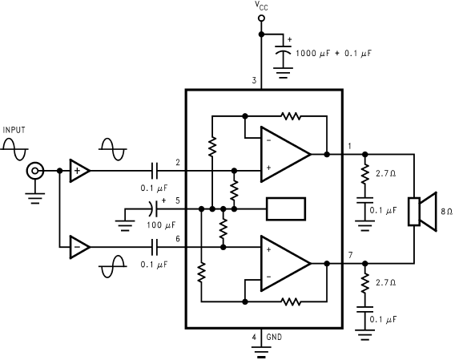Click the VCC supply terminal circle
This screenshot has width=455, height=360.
pos(261,18)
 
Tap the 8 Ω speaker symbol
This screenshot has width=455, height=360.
pos(422,212)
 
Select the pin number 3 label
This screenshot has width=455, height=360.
pos(254,80)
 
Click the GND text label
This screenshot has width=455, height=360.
pos(274,337)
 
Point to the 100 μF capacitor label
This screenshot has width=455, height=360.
pos(161,224)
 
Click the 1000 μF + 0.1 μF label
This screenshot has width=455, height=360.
pos(334,54)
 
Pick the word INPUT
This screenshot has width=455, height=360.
pos(14,130)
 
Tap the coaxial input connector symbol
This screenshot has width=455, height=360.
pos(34,171)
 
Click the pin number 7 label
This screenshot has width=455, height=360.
pos(351,256)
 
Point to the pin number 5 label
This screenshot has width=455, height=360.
pos(178,200)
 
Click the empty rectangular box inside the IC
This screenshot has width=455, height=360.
pos(286,209)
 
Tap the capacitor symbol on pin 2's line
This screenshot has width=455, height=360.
pos(155,171)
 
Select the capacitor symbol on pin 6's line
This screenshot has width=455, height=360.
pos(155,247)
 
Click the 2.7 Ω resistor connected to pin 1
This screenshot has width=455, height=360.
pos(365,174)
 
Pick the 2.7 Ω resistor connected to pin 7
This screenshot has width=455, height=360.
pos(365,283)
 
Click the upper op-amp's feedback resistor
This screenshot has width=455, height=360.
pos(291,116)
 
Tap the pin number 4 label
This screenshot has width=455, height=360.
pos(254,338)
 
